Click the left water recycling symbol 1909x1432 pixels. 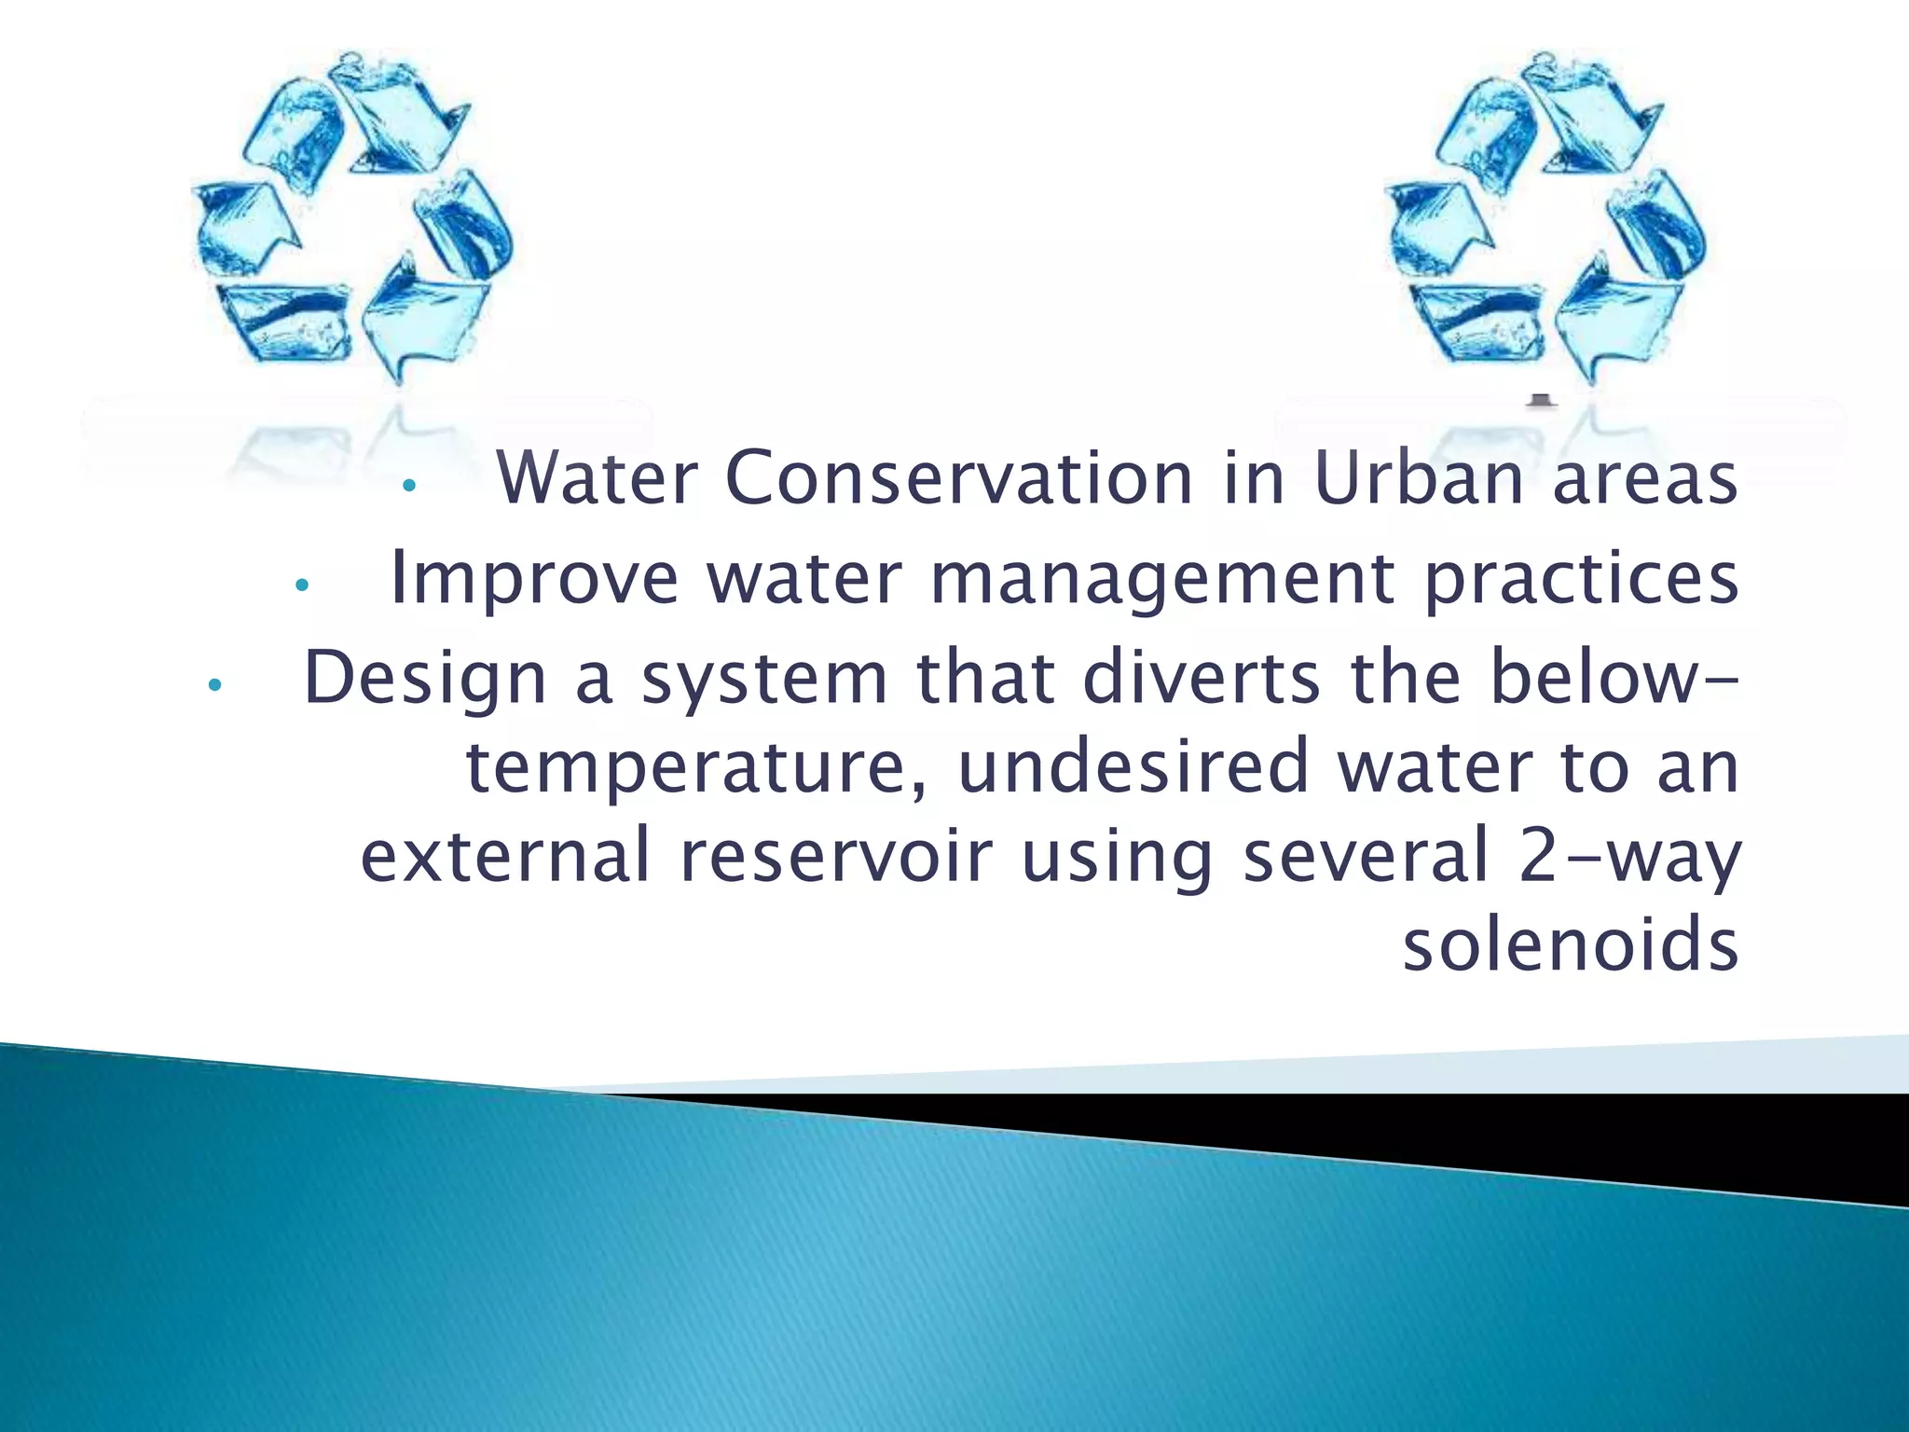pos(352,219)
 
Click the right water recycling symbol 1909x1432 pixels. pos(1545,219)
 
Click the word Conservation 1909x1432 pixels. pos(959,478)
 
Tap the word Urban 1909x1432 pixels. pos(1419,478)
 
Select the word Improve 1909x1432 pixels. pos(534,578)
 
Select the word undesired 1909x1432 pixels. pos(1133,766)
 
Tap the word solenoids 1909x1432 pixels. pos(1571,945)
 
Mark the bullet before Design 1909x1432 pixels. pos(214,685)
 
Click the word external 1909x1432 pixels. pos(504,856)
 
